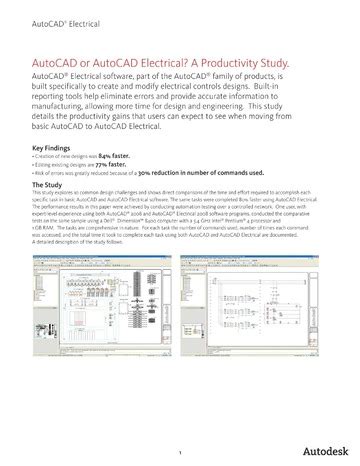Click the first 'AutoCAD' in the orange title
click(56, 63)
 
